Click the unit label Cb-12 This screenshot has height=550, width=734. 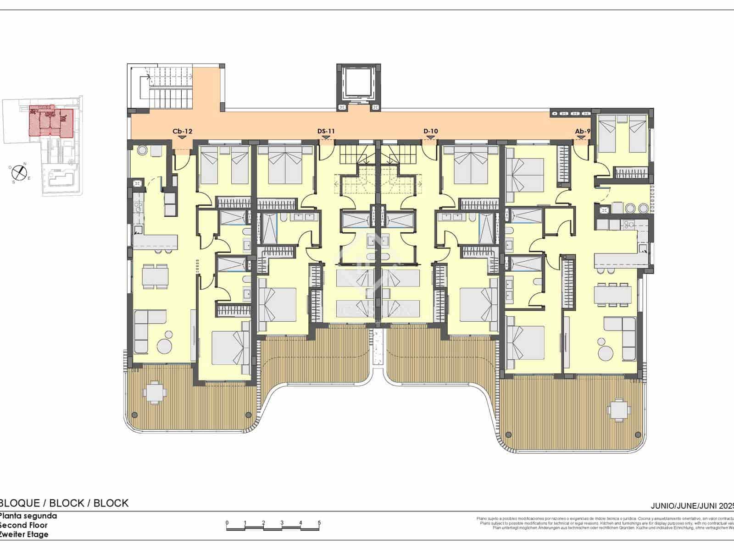click(x=182, y=132)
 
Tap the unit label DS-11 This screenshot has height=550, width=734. click(x=326, y=132)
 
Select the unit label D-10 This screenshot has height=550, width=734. click(x=430, y=132)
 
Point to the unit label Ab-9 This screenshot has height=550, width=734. click(x=583, y=132)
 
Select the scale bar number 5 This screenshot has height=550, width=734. click(x=319, y=522)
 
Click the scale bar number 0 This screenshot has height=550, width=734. click(x=227, y=522)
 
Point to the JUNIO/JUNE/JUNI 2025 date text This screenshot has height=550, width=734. click(x=692, y=506)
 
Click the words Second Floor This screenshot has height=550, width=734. click(x=24, y=525)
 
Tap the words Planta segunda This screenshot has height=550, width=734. click(x=28, y=516)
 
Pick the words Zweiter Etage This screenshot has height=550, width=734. click(x=24, y=534)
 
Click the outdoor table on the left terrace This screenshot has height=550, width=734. click(x=154, y=392)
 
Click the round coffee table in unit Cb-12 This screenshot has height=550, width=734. click(x=164, y=344)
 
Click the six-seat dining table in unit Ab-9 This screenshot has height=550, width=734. click(x=613, y=294)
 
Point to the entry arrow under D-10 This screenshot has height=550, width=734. click(x=430, y=137)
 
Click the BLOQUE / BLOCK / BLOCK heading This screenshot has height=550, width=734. click(x=64, y=503)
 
